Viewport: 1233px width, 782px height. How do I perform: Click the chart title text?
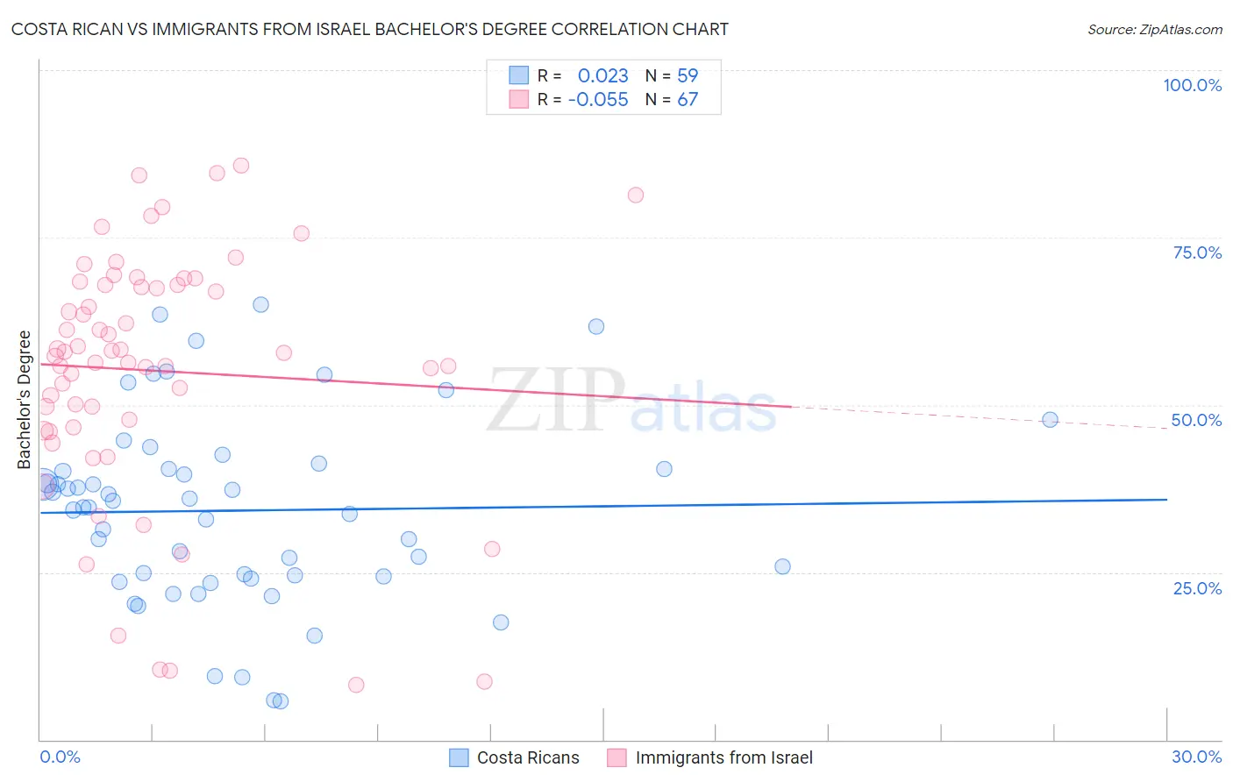coord(369,29)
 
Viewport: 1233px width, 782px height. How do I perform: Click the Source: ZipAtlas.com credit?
coord(1154,29)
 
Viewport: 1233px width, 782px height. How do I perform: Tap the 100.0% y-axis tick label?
coord(1192,85)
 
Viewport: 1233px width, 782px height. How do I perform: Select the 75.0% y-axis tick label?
coord(1197,252)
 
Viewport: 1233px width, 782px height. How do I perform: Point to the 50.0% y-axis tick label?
coord(1196,420)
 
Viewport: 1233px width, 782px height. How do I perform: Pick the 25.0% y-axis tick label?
coord(1197,587)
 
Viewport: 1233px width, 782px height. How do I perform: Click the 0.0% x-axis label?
coord(60,757)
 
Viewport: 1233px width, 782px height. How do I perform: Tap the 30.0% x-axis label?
coord(1196,757)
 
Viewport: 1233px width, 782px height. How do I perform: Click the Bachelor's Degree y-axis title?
coord(25,400)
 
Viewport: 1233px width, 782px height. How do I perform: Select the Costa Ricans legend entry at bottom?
coord(527,757)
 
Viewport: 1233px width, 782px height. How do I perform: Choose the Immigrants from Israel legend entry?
coord(723,757)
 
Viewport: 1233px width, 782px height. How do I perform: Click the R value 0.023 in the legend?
coord(602,75)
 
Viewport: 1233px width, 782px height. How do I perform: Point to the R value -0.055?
coord(598,99)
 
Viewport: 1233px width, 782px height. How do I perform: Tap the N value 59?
coord(688,75)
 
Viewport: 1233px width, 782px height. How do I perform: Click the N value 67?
coord(688,99)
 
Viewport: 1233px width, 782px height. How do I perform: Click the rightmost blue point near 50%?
coord(1050,420)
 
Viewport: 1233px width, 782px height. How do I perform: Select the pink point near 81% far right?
coord(636,195)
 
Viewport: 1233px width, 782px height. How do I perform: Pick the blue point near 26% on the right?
coord(783,566)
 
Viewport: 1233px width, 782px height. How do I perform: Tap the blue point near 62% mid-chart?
coord(596,326)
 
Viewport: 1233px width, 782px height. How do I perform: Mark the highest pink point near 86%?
coord(241,166)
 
